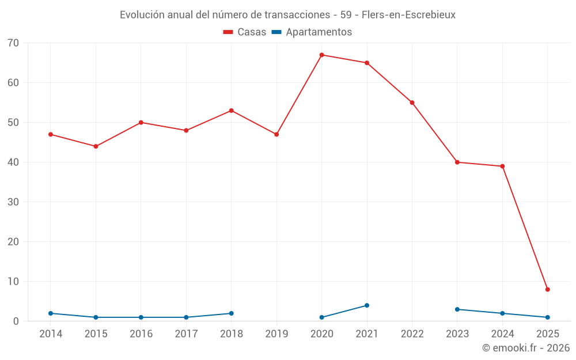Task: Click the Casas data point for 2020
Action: coord(321,55)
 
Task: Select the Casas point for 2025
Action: coord(547,290)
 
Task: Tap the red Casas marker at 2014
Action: coord(51,135)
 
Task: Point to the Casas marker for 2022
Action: coord(412,103)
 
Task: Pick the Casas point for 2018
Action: coord(231,111)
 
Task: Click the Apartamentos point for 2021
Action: coord(367,306)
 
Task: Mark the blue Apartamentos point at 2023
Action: coord(457,310)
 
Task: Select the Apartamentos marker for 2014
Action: coord(51,313)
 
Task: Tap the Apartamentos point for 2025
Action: coord(547,317)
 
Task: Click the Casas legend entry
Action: coord(245,32)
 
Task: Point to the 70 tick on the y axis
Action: coord(13,43)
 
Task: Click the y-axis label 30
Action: coord(13,202)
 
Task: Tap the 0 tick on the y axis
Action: coord(16,321)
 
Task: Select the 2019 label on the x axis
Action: coord(276,334)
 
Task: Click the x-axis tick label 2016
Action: coord(141,334)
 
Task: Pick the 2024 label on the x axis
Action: coord(502,334)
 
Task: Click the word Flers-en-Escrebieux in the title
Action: coord(408,15)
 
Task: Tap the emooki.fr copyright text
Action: coord(526,348)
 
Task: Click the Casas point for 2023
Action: coord(457,162)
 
